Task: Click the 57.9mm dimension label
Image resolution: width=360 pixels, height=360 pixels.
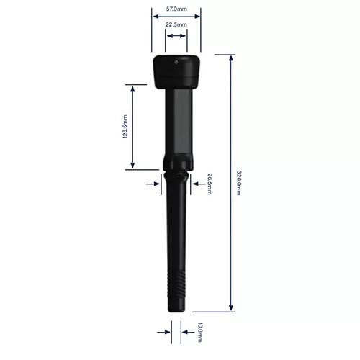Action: pyautogui.click(x=176, y=9)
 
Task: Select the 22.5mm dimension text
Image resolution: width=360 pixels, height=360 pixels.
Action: pyautogui.click(x=176, y=24)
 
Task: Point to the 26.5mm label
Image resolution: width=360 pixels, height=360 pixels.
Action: pyautogui.click(x=210, y=184)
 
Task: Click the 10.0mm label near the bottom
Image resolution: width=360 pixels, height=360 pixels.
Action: pyautogui.click(x=200, y=333)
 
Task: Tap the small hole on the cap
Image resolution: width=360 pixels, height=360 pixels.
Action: pyautogui.click(x=176, y=62)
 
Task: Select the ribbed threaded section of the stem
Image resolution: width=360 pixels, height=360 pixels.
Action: pyautogui.click(x=176, y=284)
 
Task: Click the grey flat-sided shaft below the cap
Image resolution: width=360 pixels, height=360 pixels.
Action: pyautogui.click(x=176, y=119)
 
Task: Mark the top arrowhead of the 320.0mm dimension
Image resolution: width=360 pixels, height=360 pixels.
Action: pyautogui.click(x=231, y=58)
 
